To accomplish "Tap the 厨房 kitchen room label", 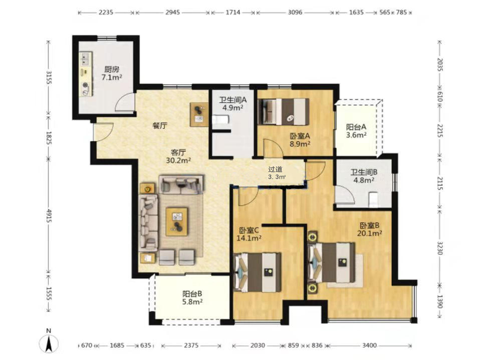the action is [x=112, y=69].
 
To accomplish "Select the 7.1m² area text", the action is [x=112, y=77].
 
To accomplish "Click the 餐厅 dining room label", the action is [x=160, y=126].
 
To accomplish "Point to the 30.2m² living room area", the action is [x=178, y=160].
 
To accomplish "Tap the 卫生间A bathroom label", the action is [x=233, y=100].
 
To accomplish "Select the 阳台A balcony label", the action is [x=356, y=127].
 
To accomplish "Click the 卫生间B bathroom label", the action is [x=364, y=172].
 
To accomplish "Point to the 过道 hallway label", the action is [x=275, y=169].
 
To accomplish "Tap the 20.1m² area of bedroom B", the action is [x=370, y=233].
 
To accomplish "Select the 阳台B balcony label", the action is [x=192, y=294].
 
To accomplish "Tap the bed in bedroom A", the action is [x=283, y=112].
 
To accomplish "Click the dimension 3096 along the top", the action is [x=295, y=12].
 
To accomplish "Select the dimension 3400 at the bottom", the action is [x=370, y=346].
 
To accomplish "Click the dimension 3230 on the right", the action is [x=440, y=248].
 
